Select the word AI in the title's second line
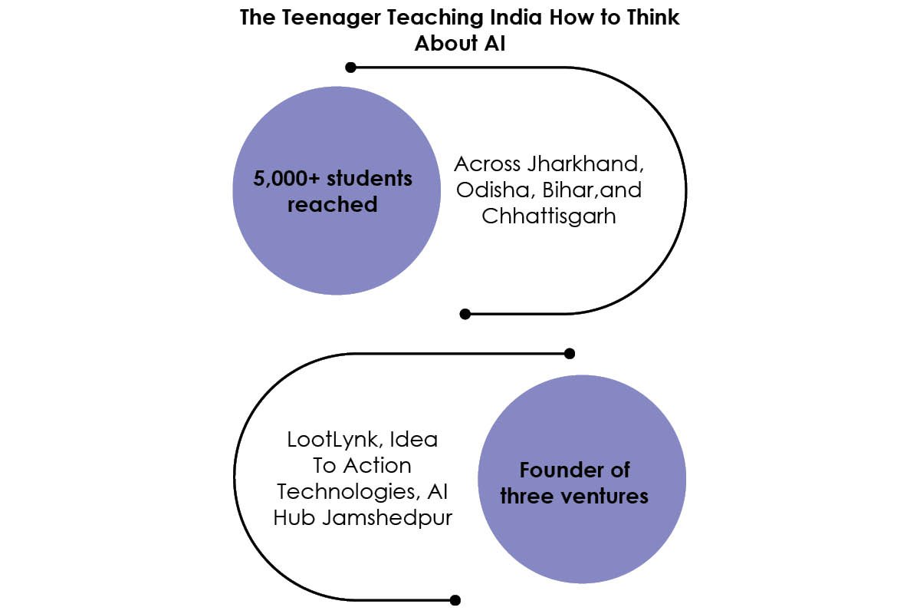point(495,43)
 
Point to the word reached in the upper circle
point(332,204)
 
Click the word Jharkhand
point(585,164)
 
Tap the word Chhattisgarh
point(549,216)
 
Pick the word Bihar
point(568,190)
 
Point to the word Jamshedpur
point(387,518)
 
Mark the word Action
point(377,466)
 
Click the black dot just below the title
point(350,67)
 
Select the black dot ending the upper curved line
point(465,314)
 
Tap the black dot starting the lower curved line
point(569,353)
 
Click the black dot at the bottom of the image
point(455,600)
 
